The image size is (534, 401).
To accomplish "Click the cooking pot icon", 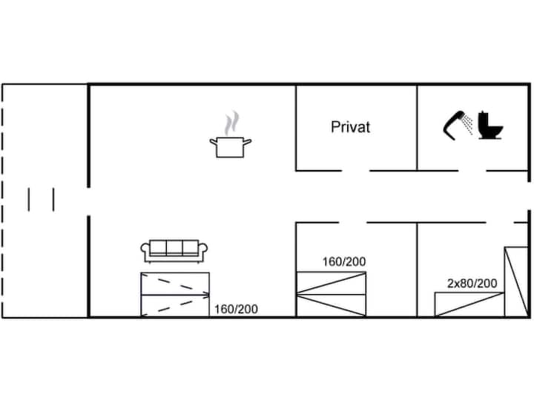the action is [x=230, y=146].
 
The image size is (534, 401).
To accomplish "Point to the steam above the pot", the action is [x=231, y=123].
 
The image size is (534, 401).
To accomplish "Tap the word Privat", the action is [x=350, y=127].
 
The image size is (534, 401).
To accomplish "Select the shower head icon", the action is [x=458, y=125].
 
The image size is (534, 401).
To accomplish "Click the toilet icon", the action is [x=490, y=125].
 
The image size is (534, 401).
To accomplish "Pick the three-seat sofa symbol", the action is [x=174, y=251].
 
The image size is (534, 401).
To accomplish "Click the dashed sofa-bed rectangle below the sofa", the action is [x=175, y=295].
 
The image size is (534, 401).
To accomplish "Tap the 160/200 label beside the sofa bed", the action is [x=236, y=309].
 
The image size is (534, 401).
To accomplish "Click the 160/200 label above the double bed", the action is [x=344, y=261].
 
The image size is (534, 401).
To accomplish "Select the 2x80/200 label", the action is [x=472, y=283].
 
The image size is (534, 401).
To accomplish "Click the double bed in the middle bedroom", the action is [x=332, y=294].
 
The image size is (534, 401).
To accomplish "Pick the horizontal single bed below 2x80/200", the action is [x=469, y=304].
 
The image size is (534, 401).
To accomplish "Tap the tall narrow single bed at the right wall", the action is [x=516, y=282].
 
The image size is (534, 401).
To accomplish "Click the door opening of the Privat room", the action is [x=356, y=171].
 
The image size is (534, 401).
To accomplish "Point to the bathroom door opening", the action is [x=472, y=171].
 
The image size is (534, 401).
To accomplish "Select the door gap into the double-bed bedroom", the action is [x=353, y=223].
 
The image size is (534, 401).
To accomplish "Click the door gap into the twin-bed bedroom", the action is [x=500, y=223].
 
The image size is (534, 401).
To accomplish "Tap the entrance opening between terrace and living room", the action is [x=88, y=201].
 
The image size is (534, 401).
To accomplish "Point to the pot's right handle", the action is [x=248, y=142].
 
